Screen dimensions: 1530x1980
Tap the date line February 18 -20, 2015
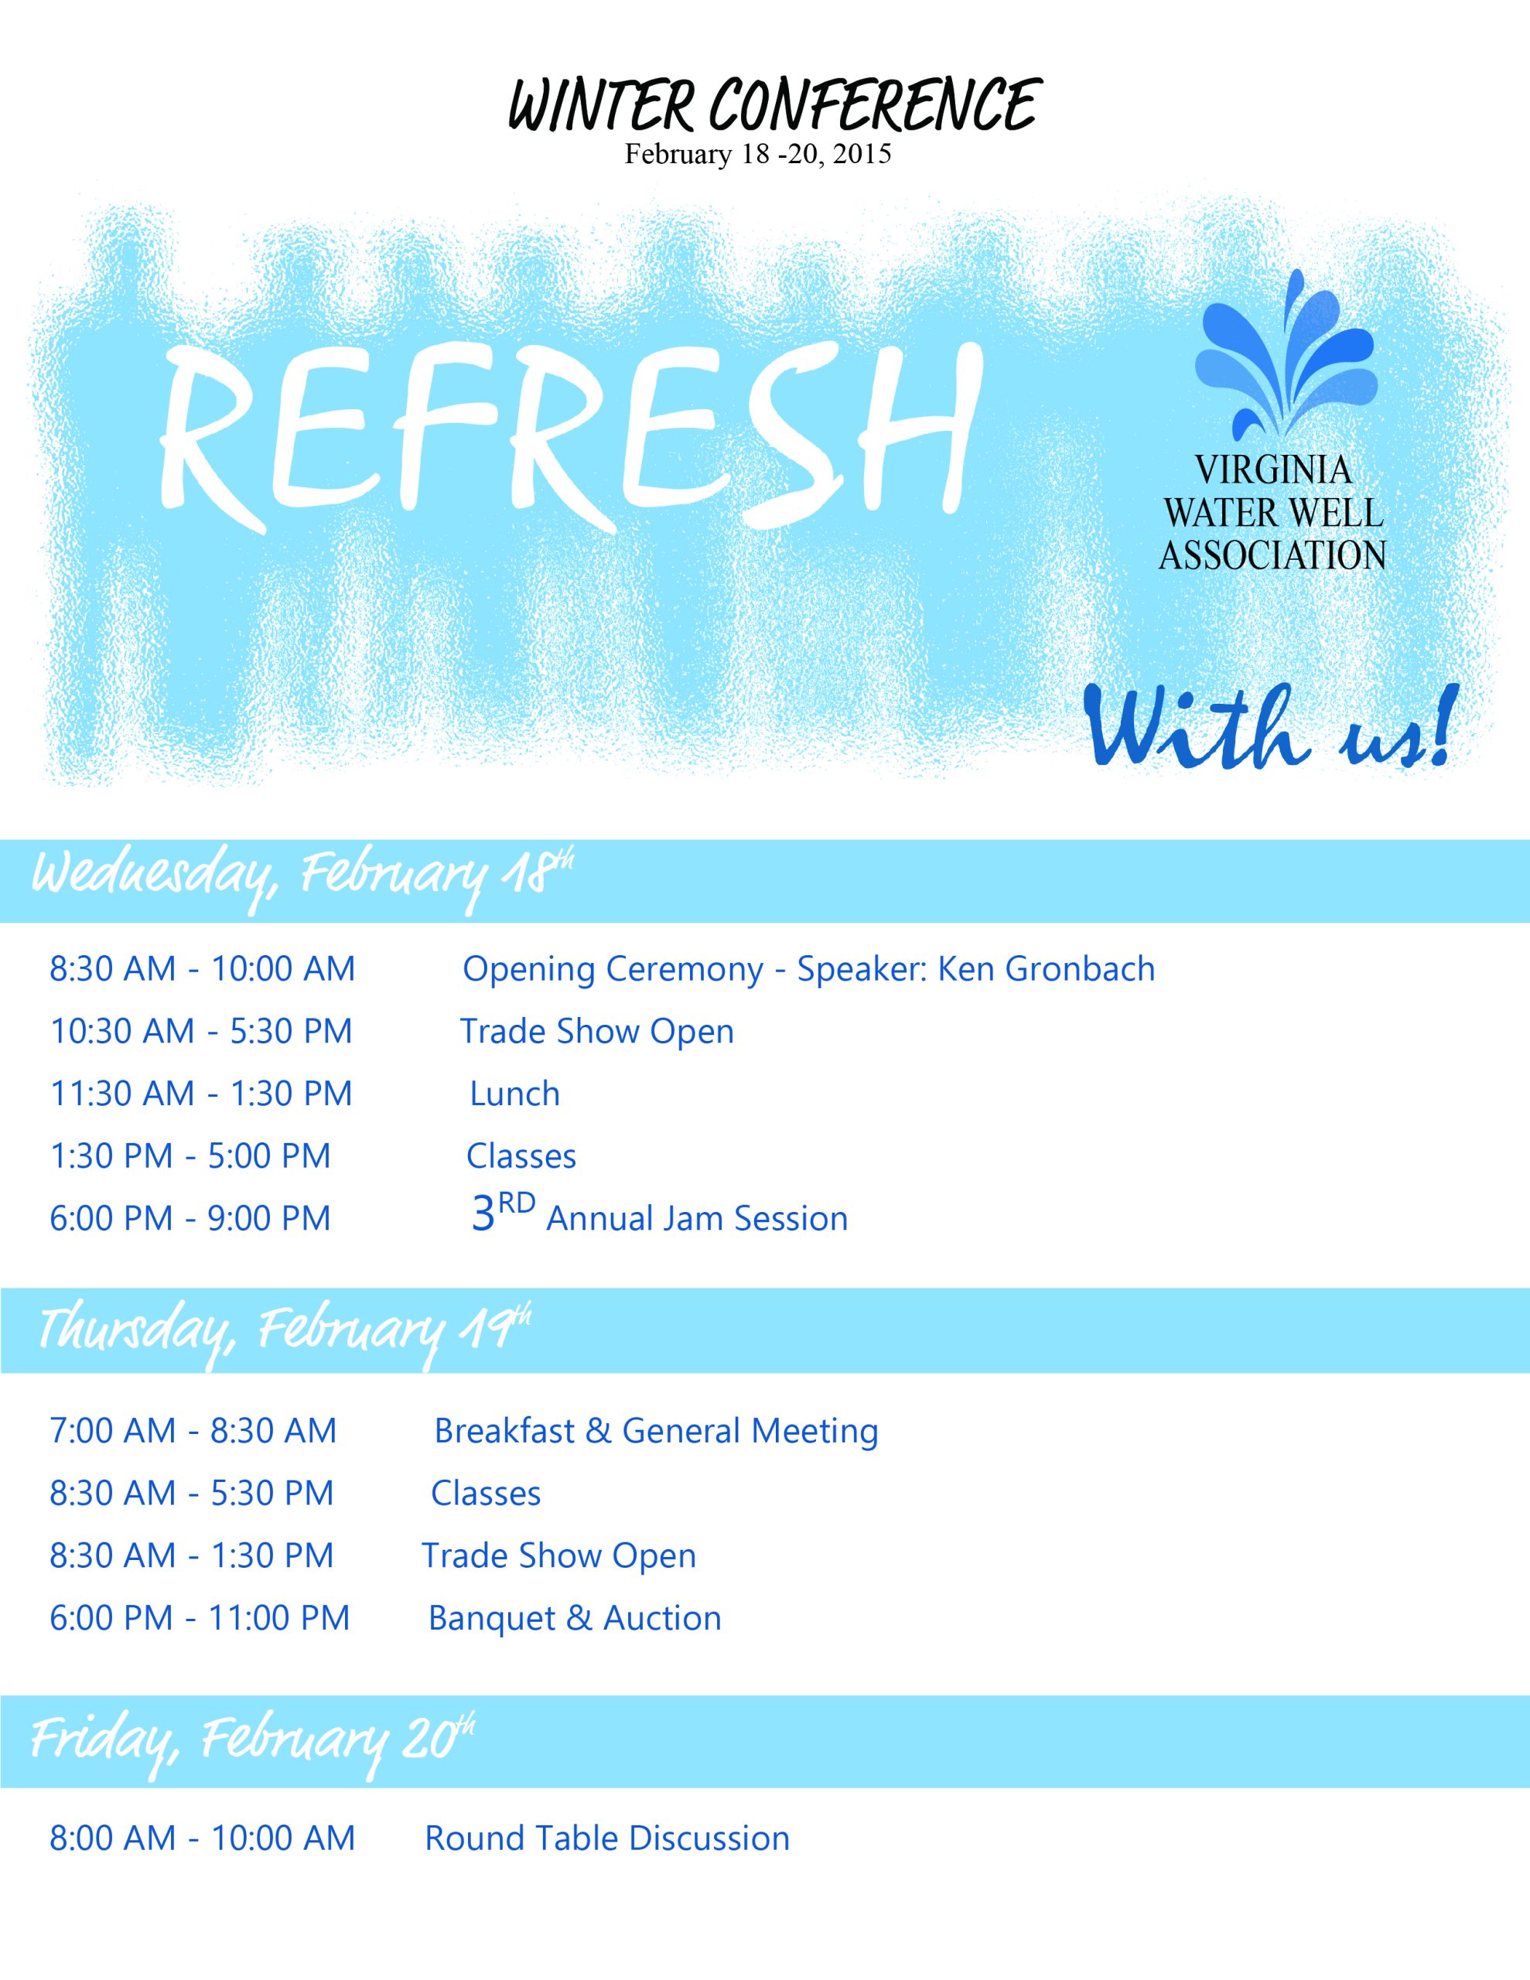pos(757,154)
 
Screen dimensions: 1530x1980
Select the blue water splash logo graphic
pos(1286,357)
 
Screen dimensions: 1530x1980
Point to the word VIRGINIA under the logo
pos(1272,469)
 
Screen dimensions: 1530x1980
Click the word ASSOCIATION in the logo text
pos(1272,555)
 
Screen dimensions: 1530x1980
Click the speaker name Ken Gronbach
pos(1046,969)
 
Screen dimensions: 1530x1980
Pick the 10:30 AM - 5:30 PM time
pos(200,1032)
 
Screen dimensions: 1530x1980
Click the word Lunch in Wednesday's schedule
pos(514,1094)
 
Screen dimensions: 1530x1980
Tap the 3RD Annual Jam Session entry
pos(659,1214)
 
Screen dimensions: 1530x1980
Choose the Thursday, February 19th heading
pos(284,1332)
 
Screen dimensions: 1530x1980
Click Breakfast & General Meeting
pos(656,1431)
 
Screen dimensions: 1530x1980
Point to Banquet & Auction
pos(574,1618)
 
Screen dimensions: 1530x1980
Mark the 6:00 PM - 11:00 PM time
pos(200,1618)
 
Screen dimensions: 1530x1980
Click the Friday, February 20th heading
pos(253,1743)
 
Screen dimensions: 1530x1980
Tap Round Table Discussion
pos(606,1838)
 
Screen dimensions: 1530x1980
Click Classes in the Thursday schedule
pos(485,1494)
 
